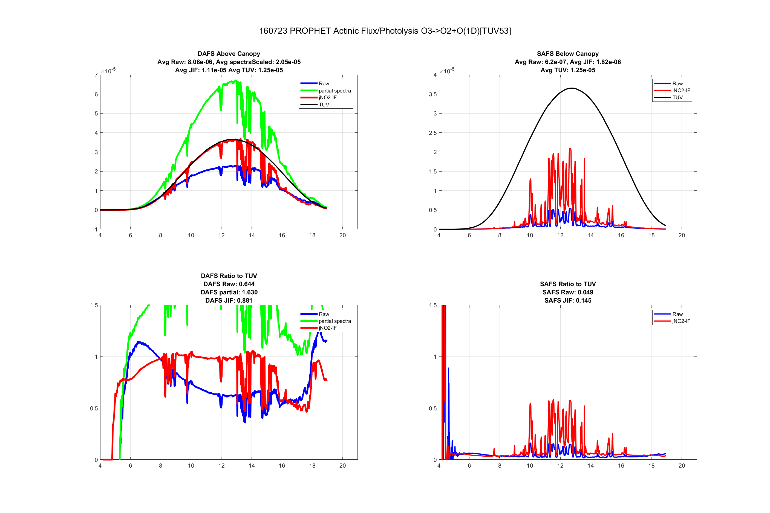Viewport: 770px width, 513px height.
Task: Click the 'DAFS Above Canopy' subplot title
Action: (x=229, y=54)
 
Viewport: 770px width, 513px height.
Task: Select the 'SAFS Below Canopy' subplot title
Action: (x=567, y=54)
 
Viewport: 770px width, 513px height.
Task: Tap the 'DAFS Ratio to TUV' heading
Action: (x=229, y=276)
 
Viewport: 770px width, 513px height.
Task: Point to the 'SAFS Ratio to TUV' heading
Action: (x=567, y=284)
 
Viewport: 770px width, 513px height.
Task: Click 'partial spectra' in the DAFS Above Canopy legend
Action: (x=334, y=91)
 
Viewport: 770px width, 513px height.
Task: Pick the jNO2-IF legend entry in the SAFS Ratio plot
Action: (x=681, y=321)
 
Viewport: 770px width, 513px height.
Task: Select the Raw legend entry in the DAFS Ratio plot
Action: (x=324, y=314)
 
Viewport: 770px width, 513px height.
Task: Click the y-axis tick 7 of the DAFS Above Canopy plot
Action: (x=96, y=75)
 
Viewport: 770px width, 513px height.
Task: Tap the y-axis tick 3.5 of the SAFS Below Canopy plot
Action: (x=432, y=94)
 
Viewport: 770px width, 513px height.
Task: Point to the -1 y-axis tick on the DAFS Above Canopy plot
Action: (x=95, y=229)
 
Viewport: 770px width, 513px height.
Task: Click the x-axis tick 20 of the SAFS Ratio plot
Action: (x=682, y=466)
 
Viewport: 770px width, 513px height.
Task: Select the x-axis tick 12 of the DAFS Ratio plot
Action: (x=221, y=466)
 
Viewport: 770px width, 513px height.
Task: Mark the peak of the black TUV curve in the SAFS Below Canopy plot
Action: (x=571, y=88)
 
